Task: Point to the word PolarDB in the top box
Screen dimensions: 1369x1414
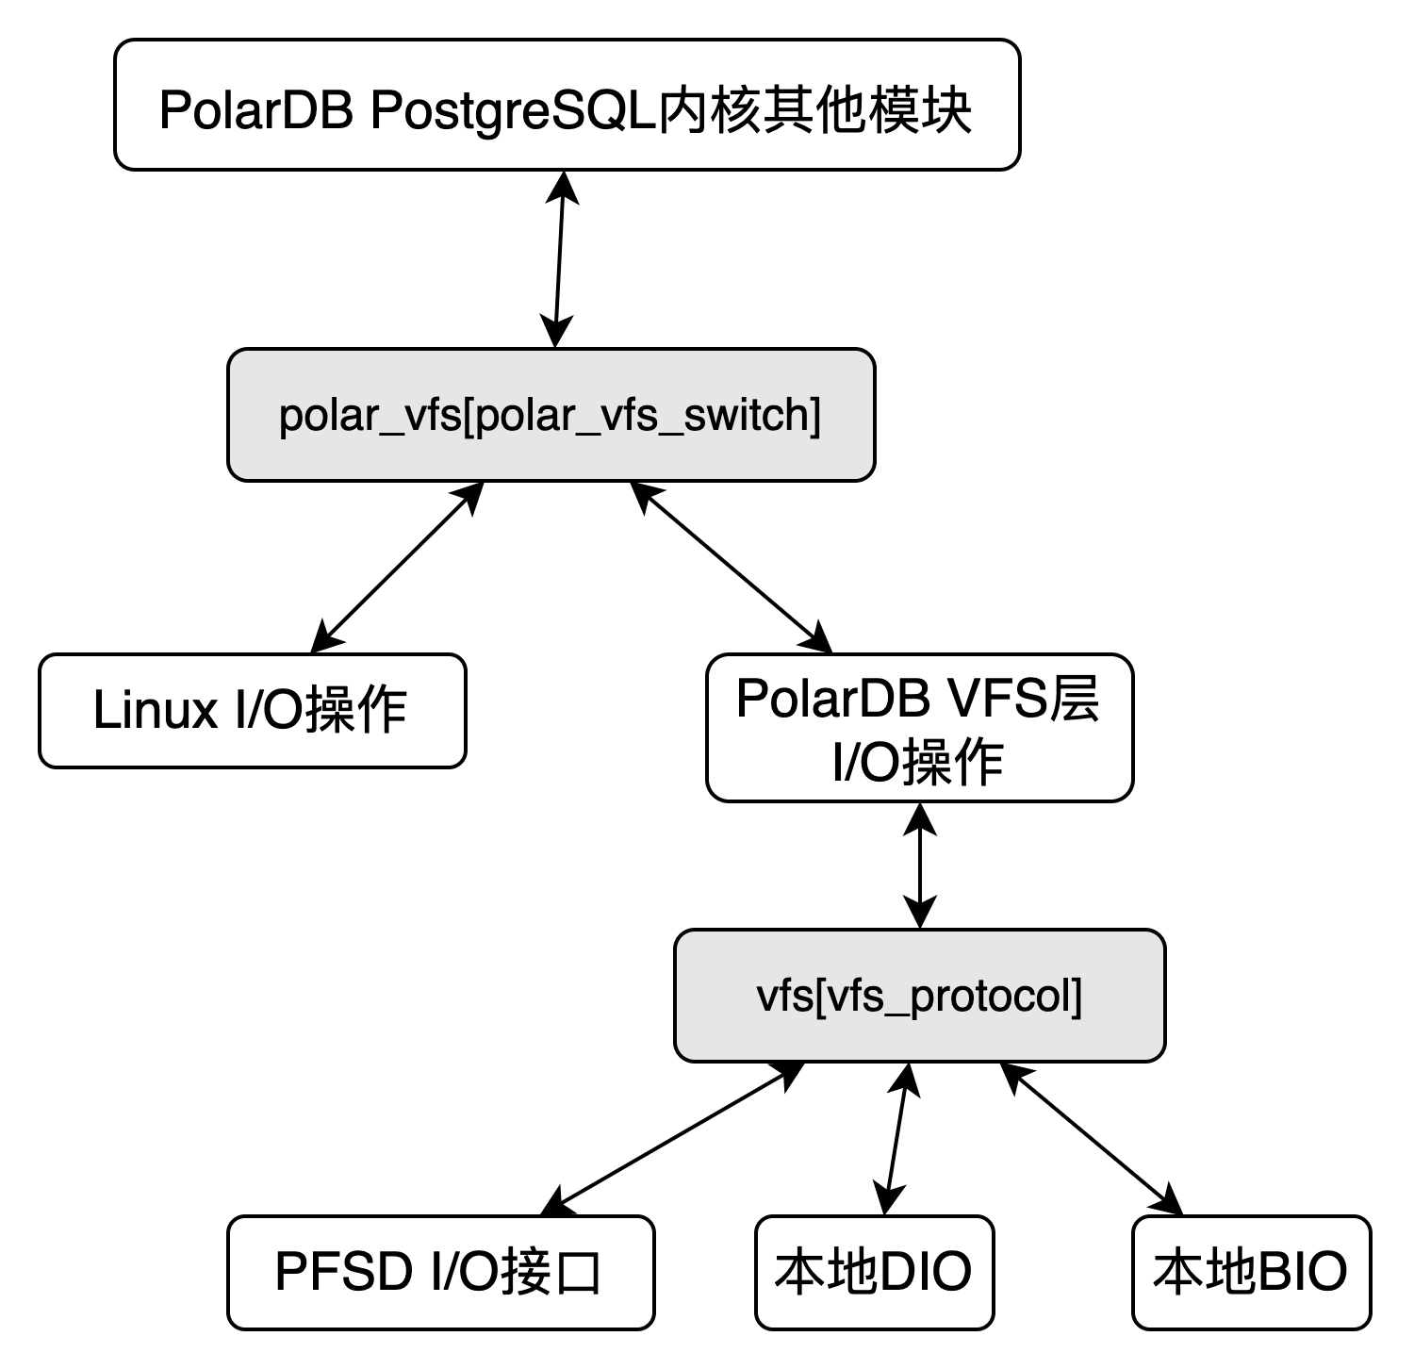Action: pyautogui.click(x=255, y=109)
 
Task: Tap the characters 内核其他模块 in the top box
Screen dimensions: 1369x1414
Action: pyautogui.click(x=814, y=109)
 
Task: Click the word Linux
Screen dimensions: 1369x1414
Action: pyautogui.click(x=155, y=710)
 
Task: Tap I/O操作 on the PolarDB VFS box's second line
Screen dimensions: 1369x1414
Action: pyautogui.click(x=918, y=761)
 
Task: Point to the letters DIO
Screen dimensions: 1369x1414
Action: pyautogui.click(x=924, y=1271)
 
